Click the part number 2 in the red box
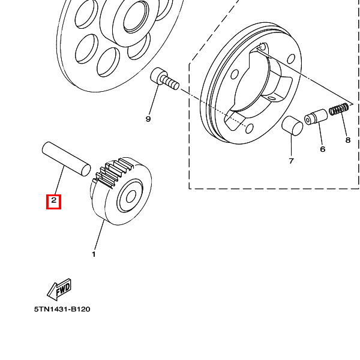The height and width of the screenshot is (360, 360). [54, 200]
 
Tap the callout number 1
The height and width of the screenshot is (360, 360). [94, 254]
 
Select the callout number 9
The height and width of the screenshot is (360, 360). [148, 119]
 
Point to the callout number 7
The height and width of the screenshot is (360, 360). [291, 161]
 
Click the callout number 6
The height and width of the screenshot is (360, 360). [323, 149]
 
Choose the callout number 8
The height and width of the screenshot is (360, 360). [348, 140]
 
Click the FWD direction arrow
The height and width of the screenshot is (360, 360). [59, 289]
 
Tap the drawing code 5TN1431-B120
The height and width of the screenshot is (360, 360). [62, 309]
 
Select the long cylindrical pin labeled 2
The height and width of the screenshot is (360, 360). [67, 159]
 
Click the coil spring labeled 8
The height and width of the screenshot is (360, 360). [339, 109]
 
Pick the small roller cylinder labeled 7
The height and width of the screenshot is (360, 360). [292, 126]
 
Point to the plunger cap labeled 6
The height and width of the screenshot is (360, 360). [316, 117]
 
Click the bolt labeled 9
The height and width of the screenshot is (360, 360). [164, 79]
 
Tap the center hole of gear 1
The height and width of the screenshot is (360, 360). [131, 197]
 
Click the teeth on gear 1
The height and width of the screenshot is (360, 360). [113, 172]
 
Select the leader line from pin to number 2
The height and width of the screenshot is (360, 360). [59, 181]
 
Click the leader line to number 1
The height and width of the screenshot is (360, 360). [99, 235]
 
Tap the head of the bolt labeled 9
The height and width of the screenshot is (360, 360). [158, 76]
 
